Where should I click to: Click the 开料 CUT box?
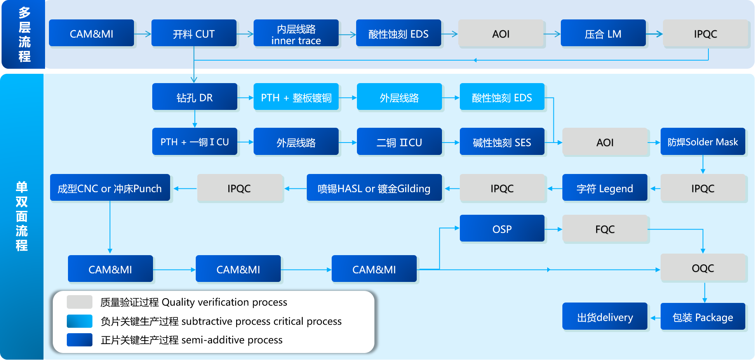click(x=194, y=33)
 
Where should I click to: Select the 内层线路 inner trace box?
click(x=296, y=33)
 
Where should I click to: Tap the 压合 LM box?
click(x=603, y=33)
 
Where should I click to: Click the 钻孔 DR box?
click(x=195, y=97)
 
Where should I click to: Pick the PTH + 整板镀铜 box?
click(x=296, y=97)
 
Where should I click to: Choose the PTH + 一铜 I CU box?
click(x=195, y=142)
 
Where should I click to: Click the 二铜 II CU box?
click(x=399, y=142)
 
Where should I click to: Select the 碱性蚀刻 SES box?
click(x=502, y=142)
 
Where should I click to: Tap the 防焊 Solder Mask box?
click(x=703, y=142)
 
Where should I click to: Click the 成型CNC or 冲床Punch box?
click(x=110, y=188)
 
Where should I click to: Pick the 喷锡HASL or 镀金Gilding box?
click(x=374, y=188)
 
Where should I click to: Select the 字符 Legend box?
click(x=605, y=188)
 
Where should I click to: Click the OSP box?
click(x=502, y=229)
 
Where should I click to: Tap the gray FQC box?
click(x=605, y=229)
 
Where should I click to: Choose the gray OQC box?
click(x=703, y=268)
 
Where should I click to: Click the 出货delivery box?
click(x=605, y=317)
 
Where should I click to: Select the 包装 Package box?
click(x=703, y=317)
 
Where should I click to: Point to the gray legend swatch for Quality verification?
click(x=79, y=302)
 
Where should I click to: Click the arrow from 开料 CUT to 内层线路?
click(x=245, y=34)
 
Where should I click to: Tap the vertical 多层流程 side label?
click(x=24, y=34)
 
